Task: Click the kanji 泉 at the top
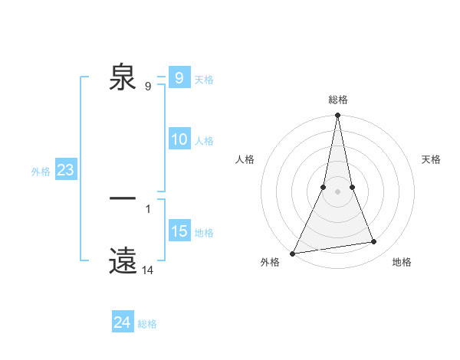coord(123,77)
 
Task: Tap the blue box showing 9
coord(179,78)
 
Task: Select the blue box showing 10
coord(179,139)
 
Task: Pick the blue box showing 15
coord(179,231)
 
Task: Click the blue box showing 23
coord(65,170)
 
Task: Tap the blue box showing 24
coord(123,322)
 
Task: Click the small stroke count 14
coord(147,270)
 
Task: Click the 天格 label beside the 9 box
coord(204,80)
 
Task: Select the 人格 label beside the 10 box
coord(204,141)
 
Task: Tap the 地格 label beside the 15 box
coord(204,233)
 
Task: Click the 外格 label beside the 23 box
coord(41,172)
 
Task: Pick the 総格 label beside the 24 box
coord(147,324)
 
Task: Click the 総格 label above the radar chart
coord(337,100)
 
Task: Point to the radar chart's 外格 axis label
coord(270,262)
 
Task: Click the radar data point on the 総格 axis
coord(337,116)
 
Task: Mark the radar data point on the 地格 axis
coord(374,242)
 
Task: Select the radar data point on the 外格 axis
coord(293,253)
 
